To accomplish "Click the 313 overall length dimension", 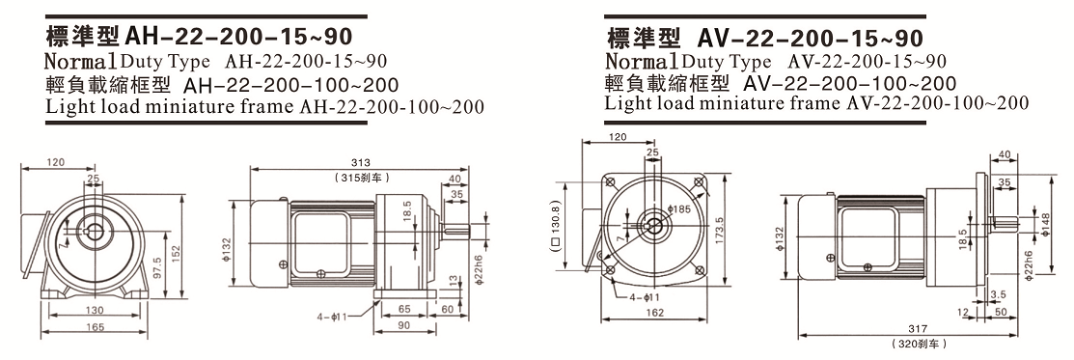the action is (360, 162).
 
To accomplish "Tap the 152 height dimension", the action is (176, 252).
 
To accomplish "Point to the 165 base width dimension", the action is (96, 327).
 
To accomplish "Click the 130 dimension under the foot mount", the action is (96, 310).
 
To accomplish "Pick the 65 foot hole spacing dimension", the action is (404, 309).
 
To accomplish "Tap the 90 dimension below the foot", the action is (404, 325).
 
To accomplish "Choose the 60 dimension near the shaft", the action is (448, 309).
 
